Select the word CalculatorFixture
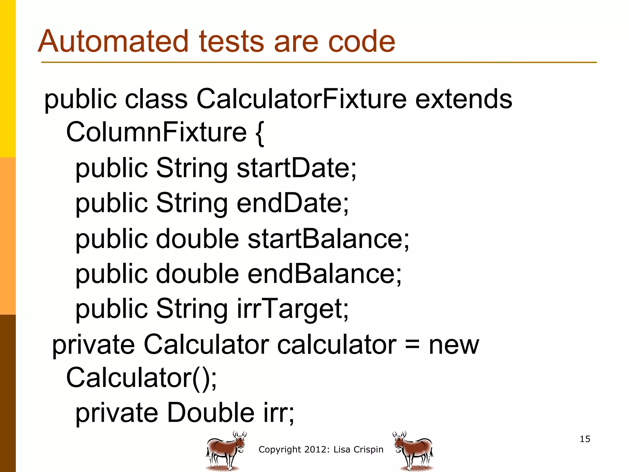pos(301,99)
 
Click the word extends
pos(463,99)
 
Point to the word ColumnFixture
pos(156,132)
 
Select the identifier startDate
pos(296,168)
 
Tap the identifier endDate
pos(292,203)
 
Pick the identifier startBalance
pos(328,239)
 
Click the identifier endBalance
pos(324,274)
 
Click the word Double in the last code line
pos(211,413)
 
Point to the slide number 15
pos(585,439)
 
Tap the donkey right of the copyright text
pos(413,450)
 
